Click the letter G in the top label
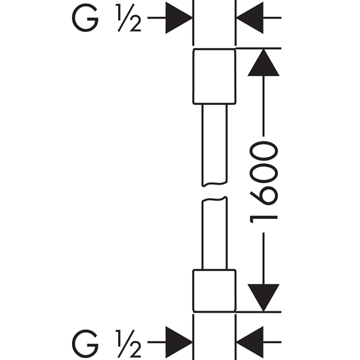[85, 17]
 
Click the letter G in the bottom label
[85, 344]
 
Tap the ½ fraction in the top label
[128, 17]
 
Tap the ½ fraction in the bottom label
[128, 344]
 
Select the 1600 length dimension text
[263, 182]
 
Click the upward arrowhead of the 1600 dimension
[263, 62]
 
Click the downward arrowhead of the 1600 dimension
[263, 298]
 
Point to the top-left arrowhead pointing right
[179, 17]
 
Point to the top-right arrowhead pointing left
[250, 17]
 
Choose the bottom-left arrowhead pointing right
[179, 342]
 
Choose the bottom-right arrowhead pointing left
[250, 342]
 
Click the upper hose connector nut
[214, 76]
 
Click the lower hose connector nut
[214, 290]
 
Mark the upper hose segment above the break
[214, 145]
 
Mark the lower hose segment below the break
[214, 233]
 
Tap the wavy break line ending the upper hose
[214, 184]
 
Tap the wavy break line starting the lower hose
[214, 199]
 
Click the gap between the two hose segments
[214, 192]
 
